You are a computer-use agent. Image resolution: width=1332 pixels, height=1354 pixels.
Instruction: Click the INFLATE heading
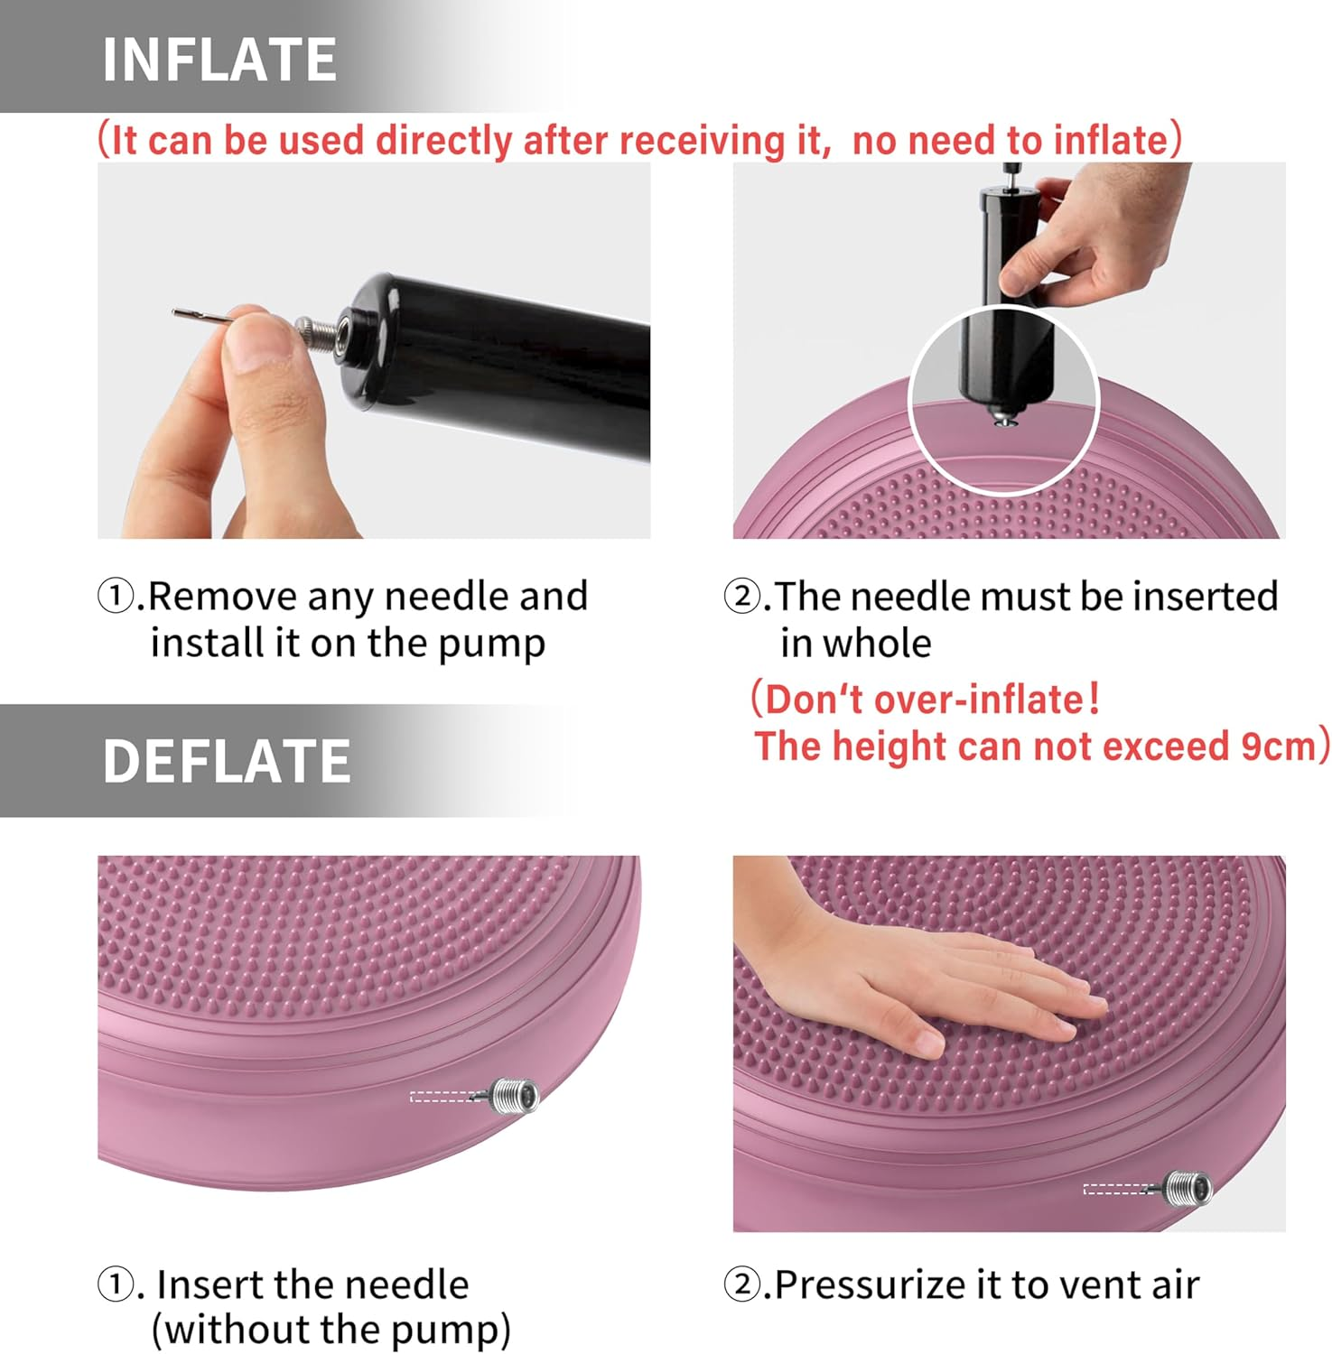pos(219,60)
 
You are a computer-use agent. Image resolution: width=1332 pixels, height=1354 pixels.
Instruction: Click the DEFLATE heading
pos(226,761)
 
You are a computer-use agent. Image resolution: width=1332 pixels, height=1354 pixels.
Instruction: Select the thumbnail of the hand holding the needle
pos(374,350)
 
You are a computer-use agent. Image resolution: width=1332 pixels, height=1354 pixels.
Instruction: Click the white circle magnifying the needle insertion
pos(1003,400)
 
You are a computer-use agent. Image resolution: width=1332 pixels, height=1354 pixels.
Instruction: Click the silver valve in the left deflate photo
pos(515,1095)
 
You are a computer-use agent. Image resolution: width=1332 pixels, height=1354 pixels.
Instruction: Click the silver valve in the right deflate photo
pos(1187,1187)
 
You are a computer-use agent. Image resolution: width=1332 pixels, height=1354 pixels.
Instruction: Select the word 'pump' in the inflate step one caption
pos(492,645)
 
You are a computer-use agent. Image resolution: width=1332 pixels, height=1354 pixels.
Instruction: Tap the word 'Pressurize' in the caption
pos(886,1284)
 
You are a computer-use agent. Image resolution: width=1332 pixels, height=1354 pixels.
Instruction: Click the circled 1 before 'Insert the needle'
pos(116,1284)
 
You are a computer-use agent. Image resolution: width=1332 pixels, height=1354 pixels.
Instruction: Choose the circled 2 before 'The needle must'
pos(742,597)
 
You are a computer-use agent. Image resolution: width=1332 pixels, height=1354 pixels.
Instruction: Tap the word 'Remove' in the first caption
pos(222,597)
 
